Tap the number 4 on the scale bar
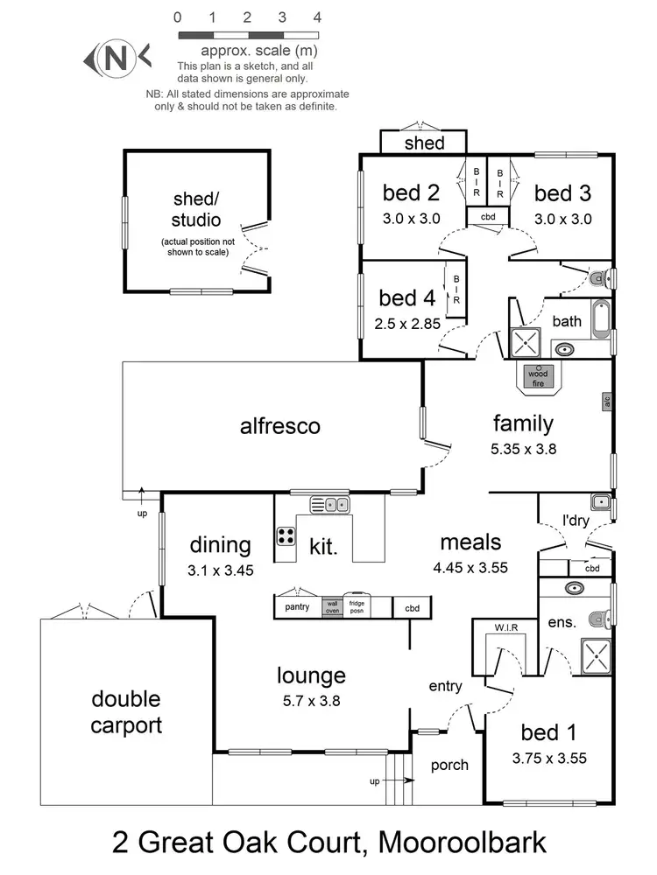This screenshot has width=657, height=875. point(317,17)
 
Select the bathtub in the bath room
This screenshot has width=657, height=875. point(601,319)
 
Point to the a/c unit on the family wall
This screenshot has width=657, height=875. point(606,402)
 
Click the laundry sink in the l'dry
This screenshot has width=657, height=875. point(600,502)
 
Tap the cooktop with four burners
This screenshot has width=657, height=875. point(286,535)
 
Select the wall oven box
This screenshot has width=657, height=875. point(332,607)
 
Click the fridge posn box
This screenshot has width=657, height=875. point(357,607)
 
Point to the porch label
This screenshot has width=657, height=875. point(449,765)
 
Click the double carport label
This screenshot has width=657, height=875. point(126,712)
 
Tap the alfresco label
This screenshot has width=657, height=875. point(280,426)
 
